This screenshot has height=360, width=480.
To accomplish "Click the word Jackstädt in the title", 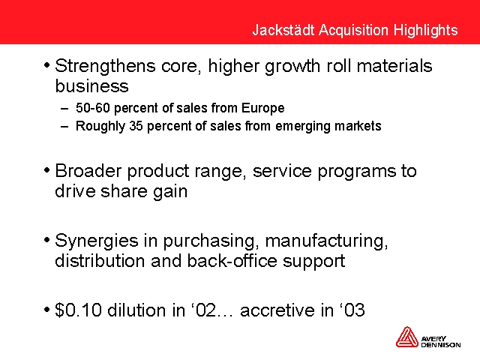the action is click(283, 30).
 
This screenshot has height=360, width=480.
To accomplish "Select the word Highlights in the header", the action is click(425, 31).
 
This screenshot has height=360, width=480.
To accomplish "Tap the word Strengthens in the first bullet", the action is click(105, 67).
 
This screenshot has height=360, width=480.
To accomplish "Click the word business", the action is click(91, 85).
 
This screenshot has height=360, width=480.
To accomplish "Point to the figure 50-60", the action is click(93, 108).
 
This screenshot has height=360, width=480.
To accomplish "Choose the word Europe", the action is click(263, 108).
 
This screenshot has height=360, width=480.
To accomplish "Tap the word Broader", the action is click(88, 171).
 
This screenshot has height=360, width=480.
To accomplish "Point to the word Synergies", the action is click(97, 241).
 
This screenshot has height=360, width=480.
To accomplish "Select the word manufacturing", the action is click(327, 241).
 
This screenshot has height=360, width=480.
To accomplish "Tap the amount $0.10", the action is click(78, 310).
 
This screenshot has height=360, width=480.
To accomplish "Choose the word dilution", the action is click(136, 310).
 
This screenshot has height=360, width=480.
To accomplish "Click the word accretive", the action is click(277, 310).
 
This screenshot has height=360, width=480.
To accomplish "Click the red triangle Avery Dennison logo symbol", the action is click(406, 337).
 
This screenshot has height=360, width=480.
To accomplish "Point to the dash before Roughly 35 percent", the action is click(64, 127).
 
